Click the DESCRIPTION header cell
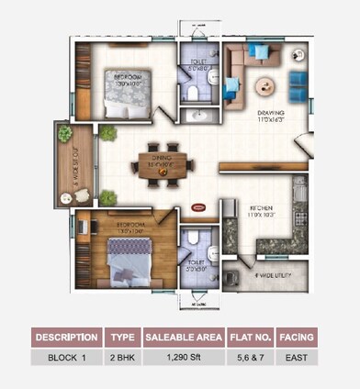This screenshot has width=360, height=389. (x=67, y=337)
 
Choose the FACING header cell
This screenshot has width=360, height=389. (x=298, y=337)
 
